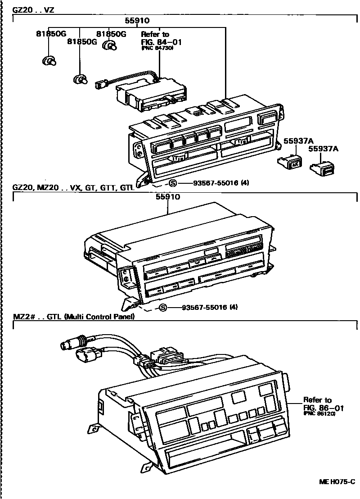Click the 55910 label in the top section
coord(137,21)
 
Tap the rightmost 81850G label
coord(110,33)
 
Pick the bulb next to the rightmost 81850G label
coord(110,45)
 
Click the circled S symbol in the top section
coord(173,183)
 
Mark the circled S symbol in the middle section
coord(162,308)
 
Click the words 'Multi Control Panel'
coord(99,317)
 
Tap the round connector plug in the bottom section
coord(67,346)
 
